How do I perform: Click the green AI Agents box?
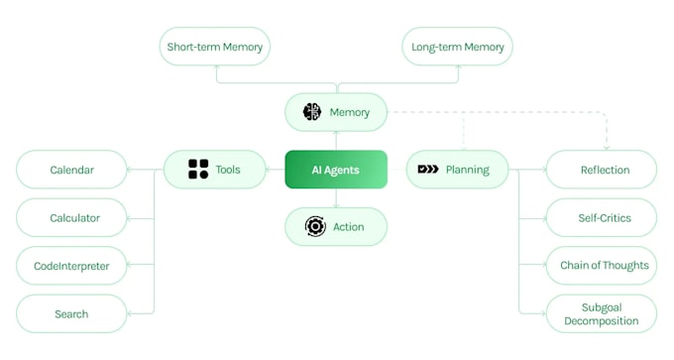tap(335, 170)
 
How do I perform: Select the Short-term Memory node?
tap(215, 47)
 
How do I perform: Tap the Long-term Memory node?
tap(458, 47)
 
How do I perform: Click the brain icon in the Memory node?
tap(312, 112)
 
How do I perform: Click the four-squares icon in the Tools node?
tap(198, 170)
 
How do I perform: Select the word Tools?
tap(228, 170)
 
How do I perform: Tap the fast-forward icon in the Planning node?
tap(428, 170)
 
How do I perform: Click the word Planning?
tap(467, 170)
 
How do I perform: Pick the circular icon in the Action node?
tap(315, 227)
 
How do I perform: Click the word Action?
tap(349, 227)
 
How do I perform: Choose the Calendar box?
tap(72, 170)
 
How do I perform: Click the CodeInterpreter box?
tap(71, 266)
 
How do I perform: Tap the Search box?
tap(71, 313)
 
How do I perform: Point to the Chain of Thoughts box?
tap(602, 265)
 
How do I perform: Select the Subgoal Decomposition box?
tap(602, 313)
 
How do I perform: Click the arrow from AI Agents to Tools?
tap(276, 170)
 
